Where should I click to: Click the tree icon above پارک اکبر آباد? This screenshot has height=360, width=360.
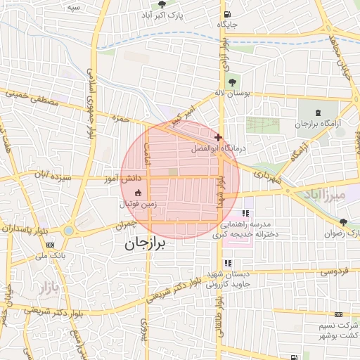click(x=163, y=4)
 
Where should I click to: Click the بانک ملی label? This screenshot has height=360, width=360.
click(x=53, y=255)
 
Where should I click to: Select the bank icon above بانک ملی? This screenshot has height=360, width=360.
click(x=50, y=245)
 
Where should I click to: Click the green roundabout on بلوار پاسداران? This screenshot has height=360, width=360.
click(x=68, y=230)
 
